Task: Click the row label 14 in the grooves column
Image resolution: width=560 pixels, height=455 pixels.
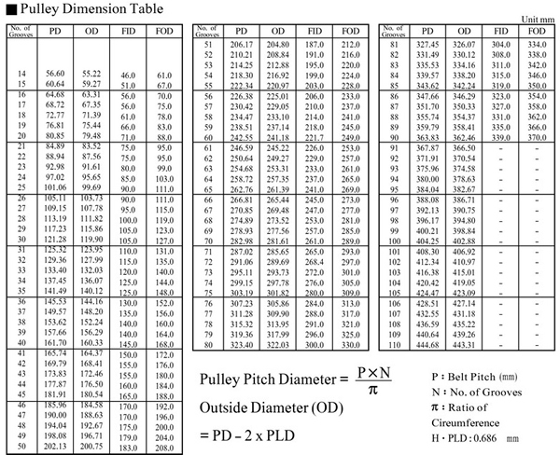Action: (x=20, y=73)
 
